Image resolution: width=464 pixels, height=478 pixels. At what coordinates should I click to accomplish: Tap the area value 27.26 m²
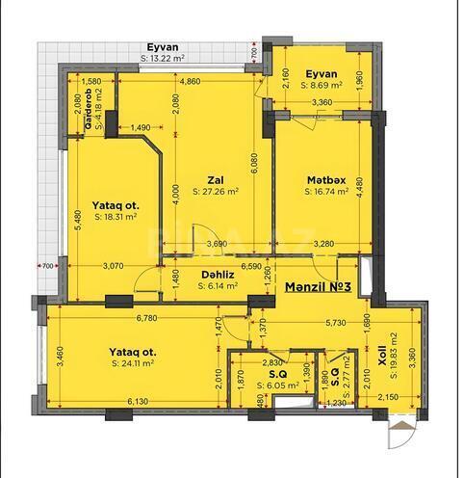[x=216, y=192]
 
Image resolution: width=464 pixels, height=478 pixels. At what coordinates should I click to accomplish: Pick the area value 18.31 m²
[x=116, y=217]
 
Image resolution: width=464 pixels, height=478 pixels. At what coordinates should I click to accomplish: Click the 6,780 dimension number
[x=147, y=317]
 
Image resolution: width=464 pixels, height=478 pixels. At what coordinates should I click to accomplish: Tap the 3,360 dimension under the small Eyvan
[x=322, y=101]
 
